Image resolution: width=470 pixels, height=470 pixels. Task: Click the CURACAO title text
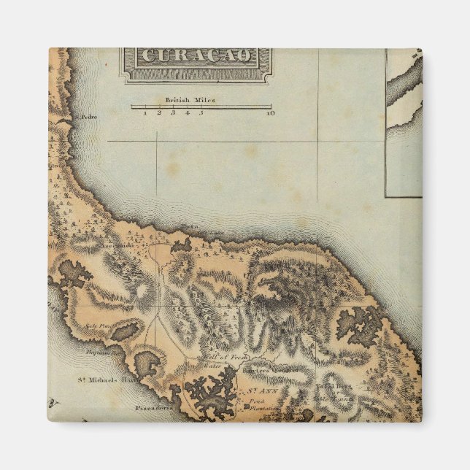coord(197,56)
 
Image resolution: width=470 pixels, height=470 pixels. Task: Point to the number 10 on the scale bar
coord(270,113)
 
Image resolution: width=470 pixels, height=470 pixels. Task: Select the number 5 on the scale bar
coord(201,113)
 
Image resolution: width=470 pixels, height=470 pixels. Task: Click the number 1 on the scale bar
coord(145,113)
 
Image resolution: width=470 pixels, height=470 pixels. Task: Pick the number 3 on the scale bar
coord(173,113)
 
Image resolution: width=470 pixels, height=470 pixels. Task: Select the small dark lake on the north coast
coord(180,246)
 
